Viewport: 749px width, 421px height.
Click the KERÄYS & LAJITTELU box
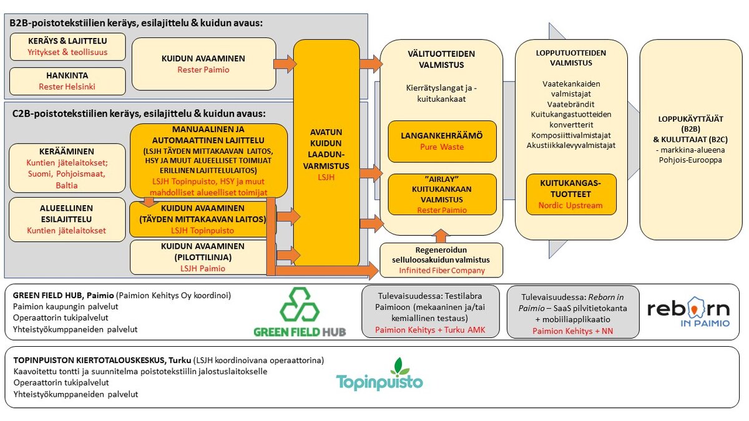point(67,47)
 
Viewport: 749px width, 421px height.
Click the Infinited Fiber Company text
point(442,271)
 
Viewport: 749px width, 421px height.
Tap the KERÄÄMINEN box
point(67,168)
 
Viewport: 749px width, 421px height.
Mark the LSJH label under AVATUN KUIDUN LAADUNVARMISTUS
point(326,178)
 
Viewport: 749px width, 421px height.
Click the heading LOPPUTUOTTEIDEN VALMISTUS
point(570,58)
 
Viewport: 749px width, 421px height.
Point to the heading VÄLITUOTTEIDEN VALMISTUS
point(441,59)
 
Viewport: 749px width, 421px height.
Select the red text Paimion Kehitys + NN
point(572,331)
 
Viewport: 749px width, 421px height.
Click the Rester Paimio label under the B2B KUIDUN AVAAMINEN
point(203,70)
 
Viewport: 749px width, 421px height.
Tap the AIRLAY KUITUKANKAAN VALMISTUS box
point(442,195)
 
